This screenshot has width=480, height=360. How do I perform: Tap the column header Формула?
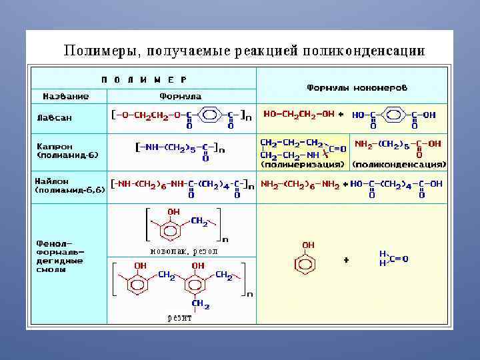(x=180, y=96)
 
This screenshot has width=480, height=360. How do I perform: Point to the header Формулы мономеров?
(x=357, y=87)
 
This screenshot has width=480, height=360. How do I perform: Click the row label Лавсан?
(x=54, y=117)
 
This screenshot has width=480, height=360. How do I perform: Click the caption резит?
(x=180, y=318)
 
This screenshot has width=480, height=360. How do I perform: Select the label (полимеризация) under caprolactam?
(x=303, y=163)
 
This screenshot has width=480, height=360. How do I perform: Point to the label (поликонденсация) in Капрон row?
(x=399, y=163)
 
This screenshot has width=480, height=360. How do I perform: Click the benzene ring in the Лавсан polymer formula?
(x=209, y=115)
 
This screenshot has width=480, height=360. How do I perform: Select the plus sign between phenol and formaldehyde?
(x=346, y=260)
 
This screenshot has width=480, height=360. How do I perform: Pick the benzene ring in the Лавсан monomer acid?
(x=391, y=115)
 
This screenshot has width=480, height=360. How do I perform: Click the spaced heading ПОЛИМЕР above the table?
(x=144, y=79)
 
